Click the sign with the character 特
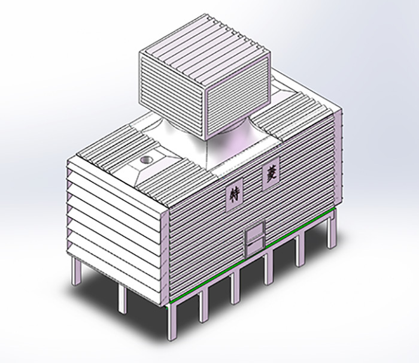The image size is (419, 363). tap(235, 194)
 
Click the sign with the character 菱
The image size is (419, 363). tap(271, 174)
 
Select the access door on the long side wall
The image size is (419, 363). tap(255, 238)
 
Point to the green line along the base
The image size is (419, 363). tap(251, 255)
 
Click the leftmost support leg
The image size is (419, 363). tap(76, 271)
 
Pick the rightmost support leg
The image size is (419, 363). tap(332, 229)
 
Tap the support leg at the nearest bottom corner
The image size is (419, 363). tap(172, 322)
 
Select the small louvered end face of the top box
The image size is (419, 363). tap(238, 98)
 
